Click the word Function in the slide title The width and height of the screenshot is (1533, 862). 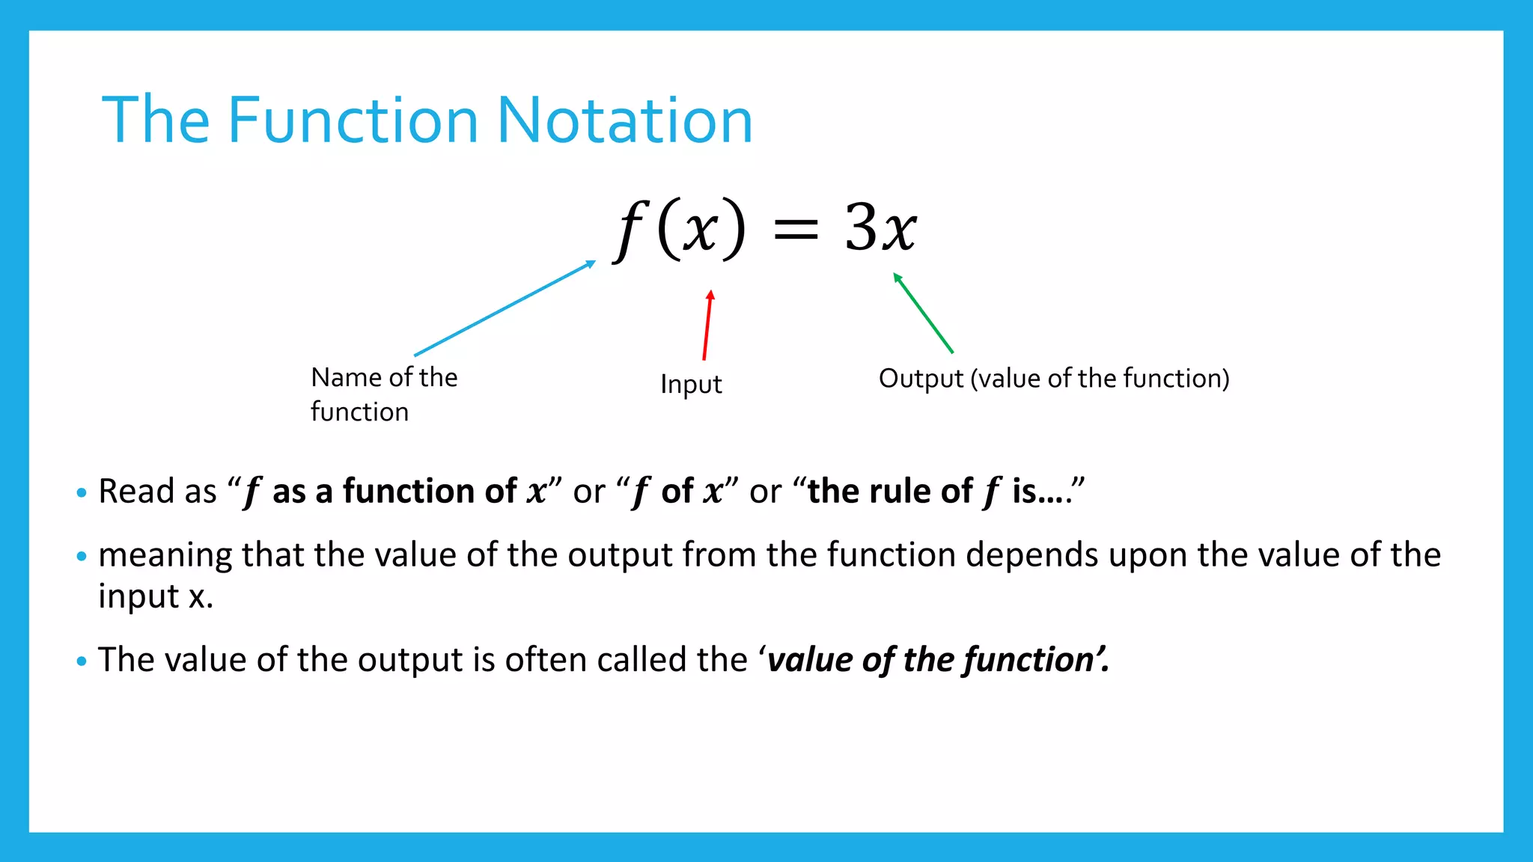[x=353, y=120]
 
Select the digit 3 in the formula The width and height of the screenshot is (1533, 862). [x=860, y=227]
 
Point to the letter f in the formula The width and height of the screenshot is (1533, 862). [x=630, y=229]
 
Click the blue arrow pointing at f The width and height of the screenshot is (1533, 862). [x=505, y=308]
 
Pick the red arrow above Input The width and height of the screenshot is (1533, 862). [x=707, y=325]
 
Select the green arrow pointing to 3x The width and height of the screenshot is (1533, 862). [x=923, y=313]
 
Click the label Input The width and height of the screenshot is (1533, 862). [x=691, y=385]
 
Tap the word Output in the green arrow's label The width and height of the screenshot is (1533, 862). [x=921, y=379]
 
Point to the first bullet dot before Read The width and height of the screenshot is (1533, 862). [x=82, y=493]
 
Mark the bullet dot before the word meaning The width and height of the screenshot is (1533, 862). [x=82, y=557]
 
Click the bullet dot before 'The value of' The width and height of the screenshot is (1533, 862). [x=82, y=661]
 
